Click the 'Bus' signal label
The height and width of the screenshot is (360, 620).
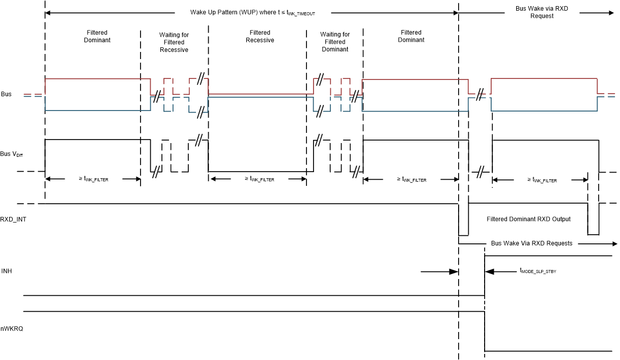point(6,94)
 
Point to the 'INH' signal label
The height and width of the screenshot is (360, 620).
point(7,271)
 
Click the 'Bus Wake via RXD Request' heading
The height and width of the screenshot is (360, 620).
point(542,12)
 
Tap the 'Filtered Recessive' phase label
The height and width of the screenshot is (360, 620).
point(260,37)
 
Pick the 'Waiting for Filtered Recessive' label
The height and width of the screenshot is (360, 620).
point(174,42)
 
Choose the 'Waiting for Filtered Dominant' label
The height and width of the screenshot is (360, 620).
point(335,42)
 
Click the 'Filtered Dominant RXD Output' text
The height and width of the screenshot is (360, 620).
point(528,219)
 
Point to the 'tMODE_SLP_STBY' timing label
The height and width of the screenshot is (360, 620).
point(538,271)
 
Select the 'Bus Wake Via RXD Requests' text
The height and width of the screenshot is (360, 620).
point(531,243)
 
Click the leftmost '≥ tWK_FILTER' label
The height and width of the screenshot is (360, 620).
point(93,179)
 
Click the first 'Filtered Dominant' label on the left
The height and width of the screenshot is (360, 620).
point(97,36)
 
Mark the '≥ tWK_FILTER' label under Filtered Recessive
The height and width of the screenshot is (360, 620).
point(259,179)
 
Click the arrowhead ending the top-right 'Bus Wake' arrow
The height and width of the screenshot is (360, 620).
point(611,12)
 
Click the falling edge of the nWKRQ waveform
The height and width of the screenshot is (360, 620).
point(485,331)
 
